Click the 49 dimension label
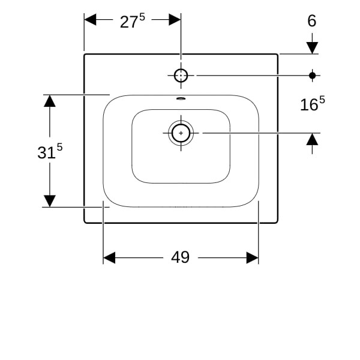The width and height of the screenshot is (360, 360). (x=180, y=257)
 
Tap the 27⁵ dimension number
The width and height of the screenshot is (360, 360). (x=133, y=20)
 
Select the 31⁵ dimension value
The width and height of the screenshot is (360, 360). (x=50, y=151)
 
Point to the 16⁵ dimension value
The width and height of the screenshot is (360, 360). (x=313, y=104)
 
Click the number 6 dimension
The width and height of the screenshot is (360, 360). (x=312, y=20)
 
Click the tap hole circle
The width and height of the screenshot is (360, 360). (x=181, y=76)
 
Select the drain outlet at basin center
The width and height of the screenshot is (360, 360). (x=181, y=133)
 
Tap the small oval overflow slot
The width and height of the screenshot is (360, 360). (x=181, y=99)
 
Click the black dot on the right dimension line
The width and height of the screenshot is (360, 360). (x=312, y=76)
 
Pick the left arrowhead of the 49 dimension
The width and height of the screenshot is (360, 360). (x=109, y=257)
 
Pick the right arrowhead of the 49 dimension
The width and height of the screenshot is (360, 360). (x=253, y=257)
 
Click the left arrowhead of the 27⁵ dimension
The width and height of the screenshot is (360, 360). (x=90, y=20)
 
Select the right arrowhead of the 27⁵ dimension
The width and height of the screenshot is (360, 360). (x=175, y=20)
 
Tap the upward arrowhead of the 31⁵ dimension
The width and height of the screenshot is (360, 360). (x=50, y=101)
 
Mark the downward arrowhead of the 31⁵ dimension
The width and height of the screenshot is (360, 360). (x=50, y=201)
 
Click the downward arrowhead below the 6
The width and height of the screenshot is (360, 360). (x=312, y=48)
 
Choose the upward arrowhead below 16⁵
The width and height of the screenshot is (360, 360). (x=312, y=139)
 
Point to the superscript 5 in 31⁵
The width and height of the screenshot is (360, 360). (x=59, y=147)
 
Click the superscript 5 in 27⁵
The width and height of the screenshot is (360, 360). (x=142, y=17)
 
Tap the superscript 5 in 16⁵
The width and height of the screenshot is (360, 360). (x=322, y=100)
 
